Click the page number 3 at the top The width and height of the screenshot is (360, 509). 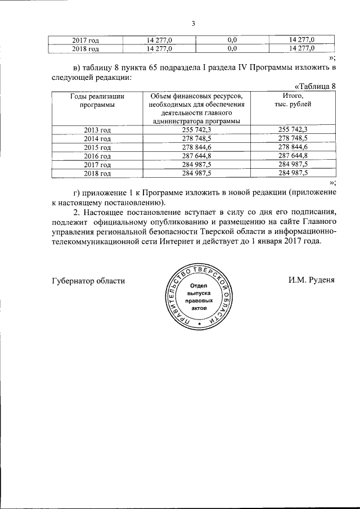(x=192, y=24)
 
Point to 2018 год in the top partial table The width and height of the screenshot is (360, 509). (x=85, y=49)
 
